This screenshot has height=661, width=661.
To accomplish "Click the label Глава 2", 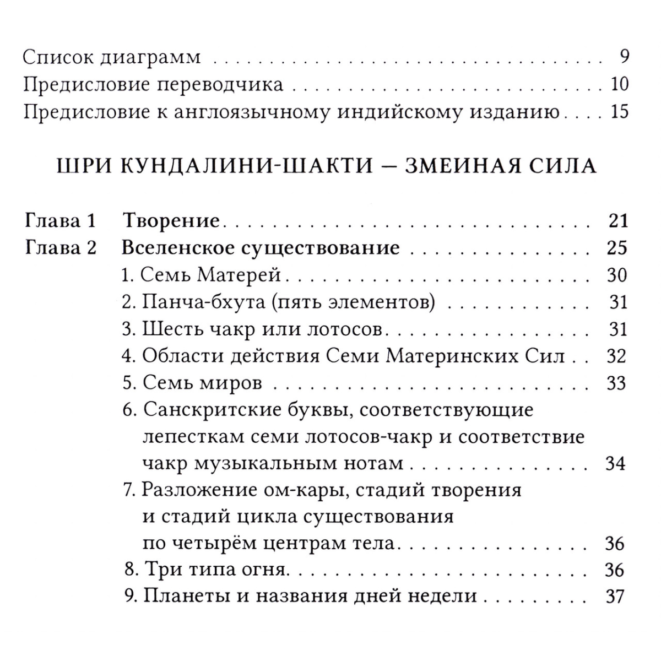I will [61, 248].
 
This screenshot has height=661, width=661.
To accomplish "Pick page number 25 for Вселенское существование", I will [617, 248].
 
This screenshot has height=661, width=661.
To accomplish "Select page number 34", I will [616, 463].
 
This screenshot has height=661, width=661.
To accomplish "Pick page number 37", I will [616, 597].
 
